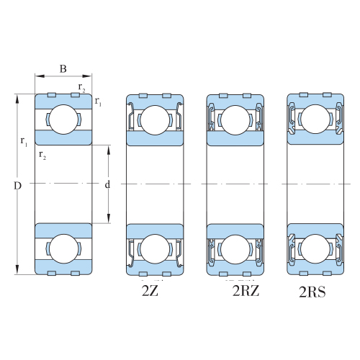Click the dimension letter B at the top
coord(63,69)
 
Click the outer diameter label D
coord(17,186)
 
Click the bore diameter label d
coord(108,184)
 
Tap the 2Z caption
coord(150,291)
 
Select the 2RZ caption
coord(246,291)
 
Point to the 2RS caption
coord(312,292)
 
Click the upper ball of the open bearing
coord(63,120)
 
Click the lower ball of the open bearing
coord(63,249)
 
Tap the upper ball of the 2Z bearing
coord(155,120)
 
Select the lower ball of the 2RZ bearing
coord(235,249)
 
